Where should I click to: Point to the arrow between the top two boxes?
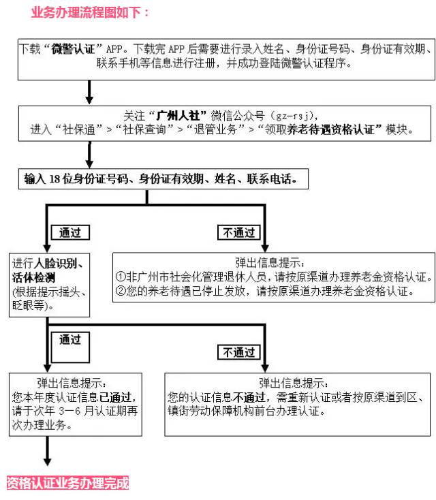click(x=89, y=90)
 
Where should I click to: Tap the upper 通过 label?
click(x=69, y=232)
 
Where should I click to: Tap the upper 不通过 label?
click(x=239, y=232)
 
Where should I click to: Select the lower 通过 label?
click(x=69, y=339)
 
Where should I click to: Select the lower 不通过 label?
click(x=239, y=352)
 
